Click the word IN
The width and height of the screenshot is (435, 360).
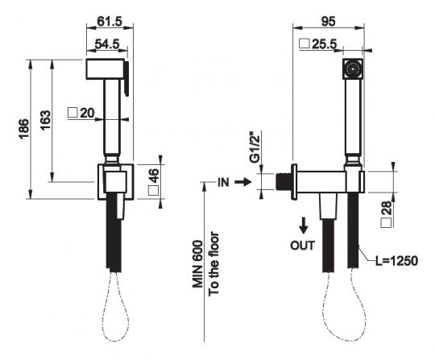[x=223, y=183]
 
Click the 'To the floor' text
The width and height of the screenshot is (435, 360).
[x=214, y=263]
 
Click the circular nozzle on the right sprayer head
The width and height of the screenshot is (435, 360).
[x=351, y=70]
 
